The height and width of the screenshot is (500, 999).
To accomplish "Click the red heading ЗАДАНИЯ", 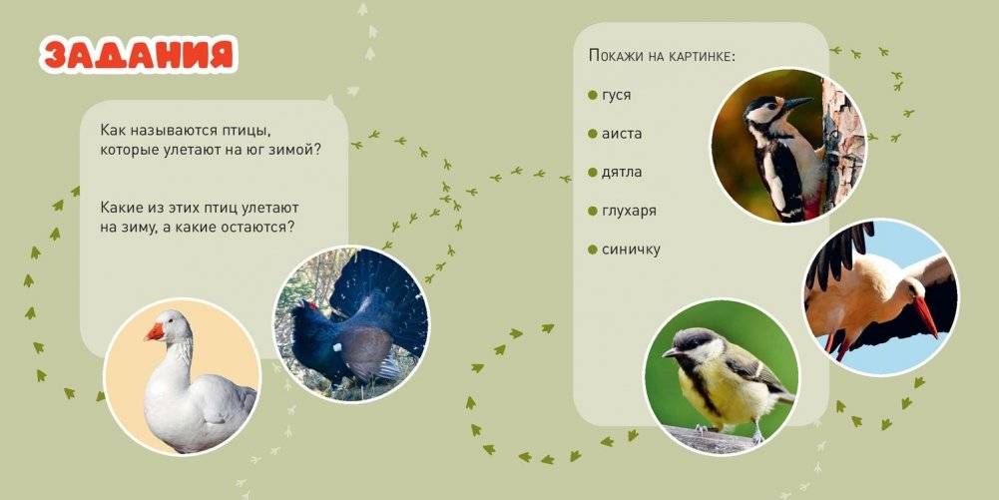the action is point(139,54).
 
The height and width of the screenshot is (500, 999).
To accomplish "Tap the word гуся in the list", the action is point(616,95).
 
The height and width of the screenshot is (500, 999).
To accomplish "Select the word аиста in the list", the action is point(622,134).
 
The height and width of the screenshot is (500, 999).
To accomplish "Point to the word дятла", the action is point(622,172).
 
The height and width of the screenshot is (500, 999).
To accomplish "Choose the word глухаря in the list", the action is point(629,211).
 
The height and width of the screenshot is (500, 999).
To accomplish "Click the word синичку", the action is point(631,250).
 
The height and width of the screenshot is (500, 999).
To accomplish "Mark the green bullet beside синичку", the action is point(593,250).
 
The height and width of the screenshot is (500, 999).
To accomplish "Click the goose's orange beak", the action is point(154,332).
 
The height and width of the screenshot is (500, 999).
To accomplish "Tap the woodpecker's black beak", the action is point(797,102).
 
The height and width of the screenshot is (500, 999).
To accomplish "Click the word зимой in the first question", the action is point(295,150).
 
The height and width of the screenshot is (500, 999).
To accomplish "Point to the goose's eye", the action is point(166,320).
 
